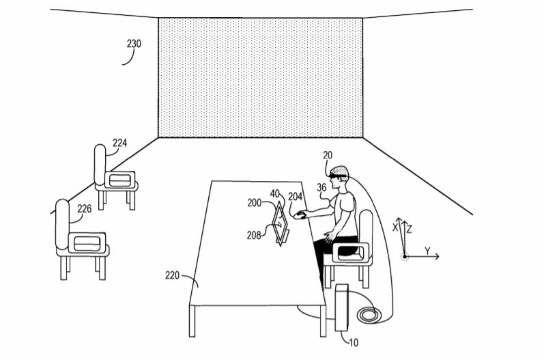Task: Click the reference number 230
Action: tap(134, 44)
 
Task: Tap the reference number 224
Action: tap(119, 143)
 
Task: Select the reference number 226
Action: tap(85, 208)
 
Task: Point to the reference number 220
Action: tap(172, 276)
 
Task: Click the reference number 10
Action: tap(354, 343)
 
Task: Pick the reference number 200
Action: tap(255, 203)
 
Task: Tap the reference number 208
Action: tap(254, 236)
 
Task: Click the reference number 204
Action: tap(296, 197)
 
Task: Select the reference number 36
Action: tap(321, 187)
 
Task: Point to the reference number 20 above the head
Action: tap(328, 155)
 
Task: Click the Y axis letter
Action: tap(427, 251)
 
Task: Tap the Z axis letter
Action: tap(409, 229)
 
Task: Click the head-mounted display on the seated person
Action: tap(337, 178)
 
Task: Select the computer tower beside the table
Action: tap(342, 307)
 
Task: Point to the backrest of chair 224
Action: tap(100, 164)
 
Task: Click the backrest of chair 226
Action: tap(62, 224)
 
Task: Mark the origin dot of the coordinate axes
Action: tap(405, 257)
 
